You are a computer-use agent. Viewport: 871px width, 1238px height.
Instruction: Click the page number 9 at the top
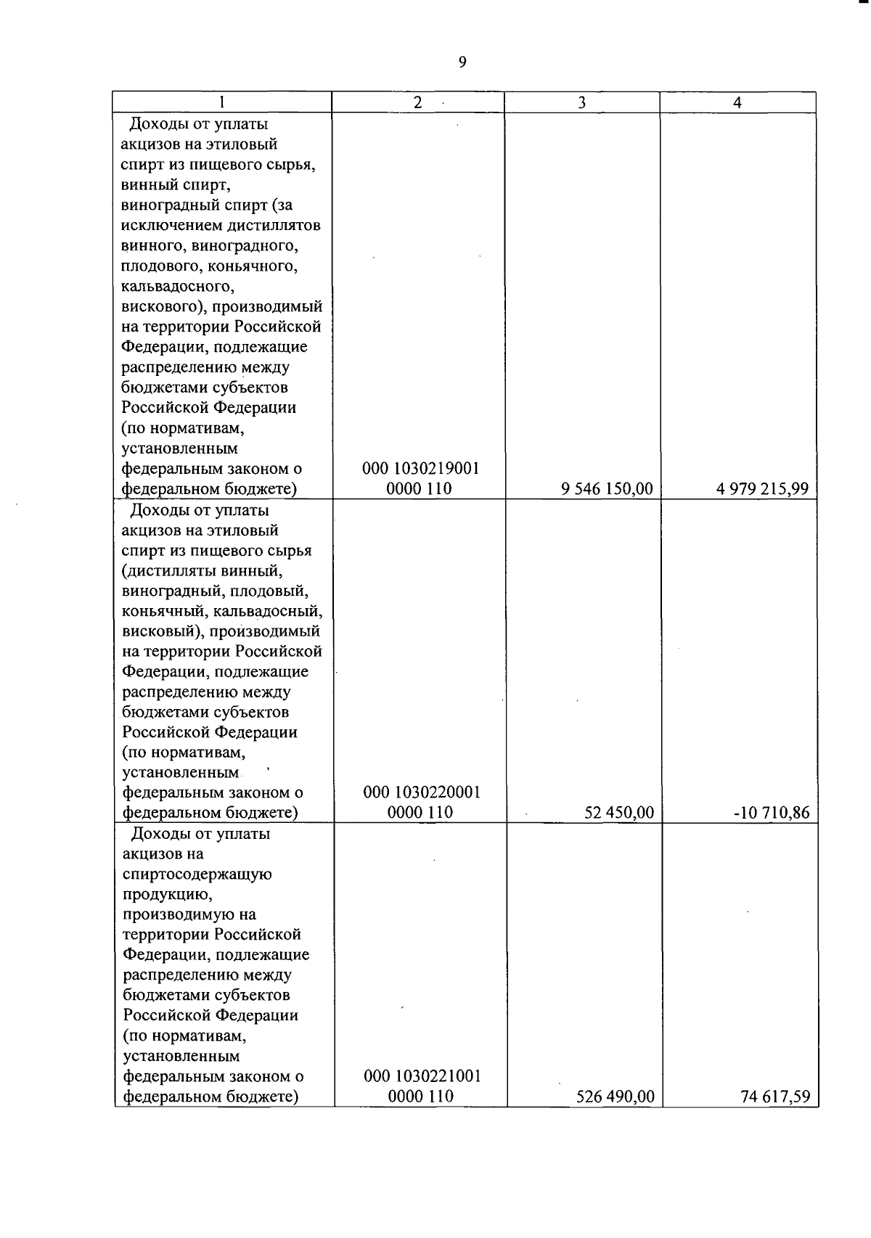tap(462, 62)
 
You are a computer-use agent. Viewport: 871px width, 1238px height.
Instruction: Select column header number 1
tap(221, 102)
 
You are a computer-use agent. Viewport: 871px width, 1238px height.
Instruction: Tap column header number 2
tap(417, 102)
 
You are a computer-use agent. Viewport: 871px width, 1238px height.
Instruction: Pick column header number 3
tap(581, 103)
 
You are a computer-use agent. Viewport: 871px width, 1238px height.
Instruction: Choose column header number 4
tap(737, 103)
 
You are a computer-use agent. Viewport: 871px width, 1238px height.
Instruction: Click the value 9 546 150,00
tap(607, 489)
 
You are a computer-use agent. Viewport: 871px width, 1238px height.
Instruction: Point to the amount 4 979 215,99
tap(762, 489)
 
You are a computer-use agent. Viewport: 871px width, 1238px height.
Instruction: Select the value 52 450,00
tap(619, 813)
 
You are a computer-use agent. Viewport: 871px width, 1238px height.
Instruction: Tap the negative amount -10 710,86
tap(772, 813)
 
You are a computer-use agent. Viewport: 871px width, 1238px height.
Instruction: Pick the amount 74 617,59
tap(775, 1096)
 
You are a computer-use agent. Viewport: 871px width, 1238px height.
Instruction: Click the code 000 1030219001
tap(421, 469)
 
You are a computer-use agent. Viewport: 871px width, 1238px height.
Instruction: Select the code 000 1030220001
tap(422, 792)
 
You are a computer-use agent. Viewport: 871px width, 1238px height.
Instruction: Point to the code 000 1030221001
tap(422, 1076)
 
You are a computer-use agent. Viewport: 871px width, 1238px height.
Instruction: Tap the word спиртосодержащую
tap(197, 874)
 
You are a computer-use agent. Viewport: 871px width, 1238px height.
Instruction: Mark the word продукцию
tap(168, 894)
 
